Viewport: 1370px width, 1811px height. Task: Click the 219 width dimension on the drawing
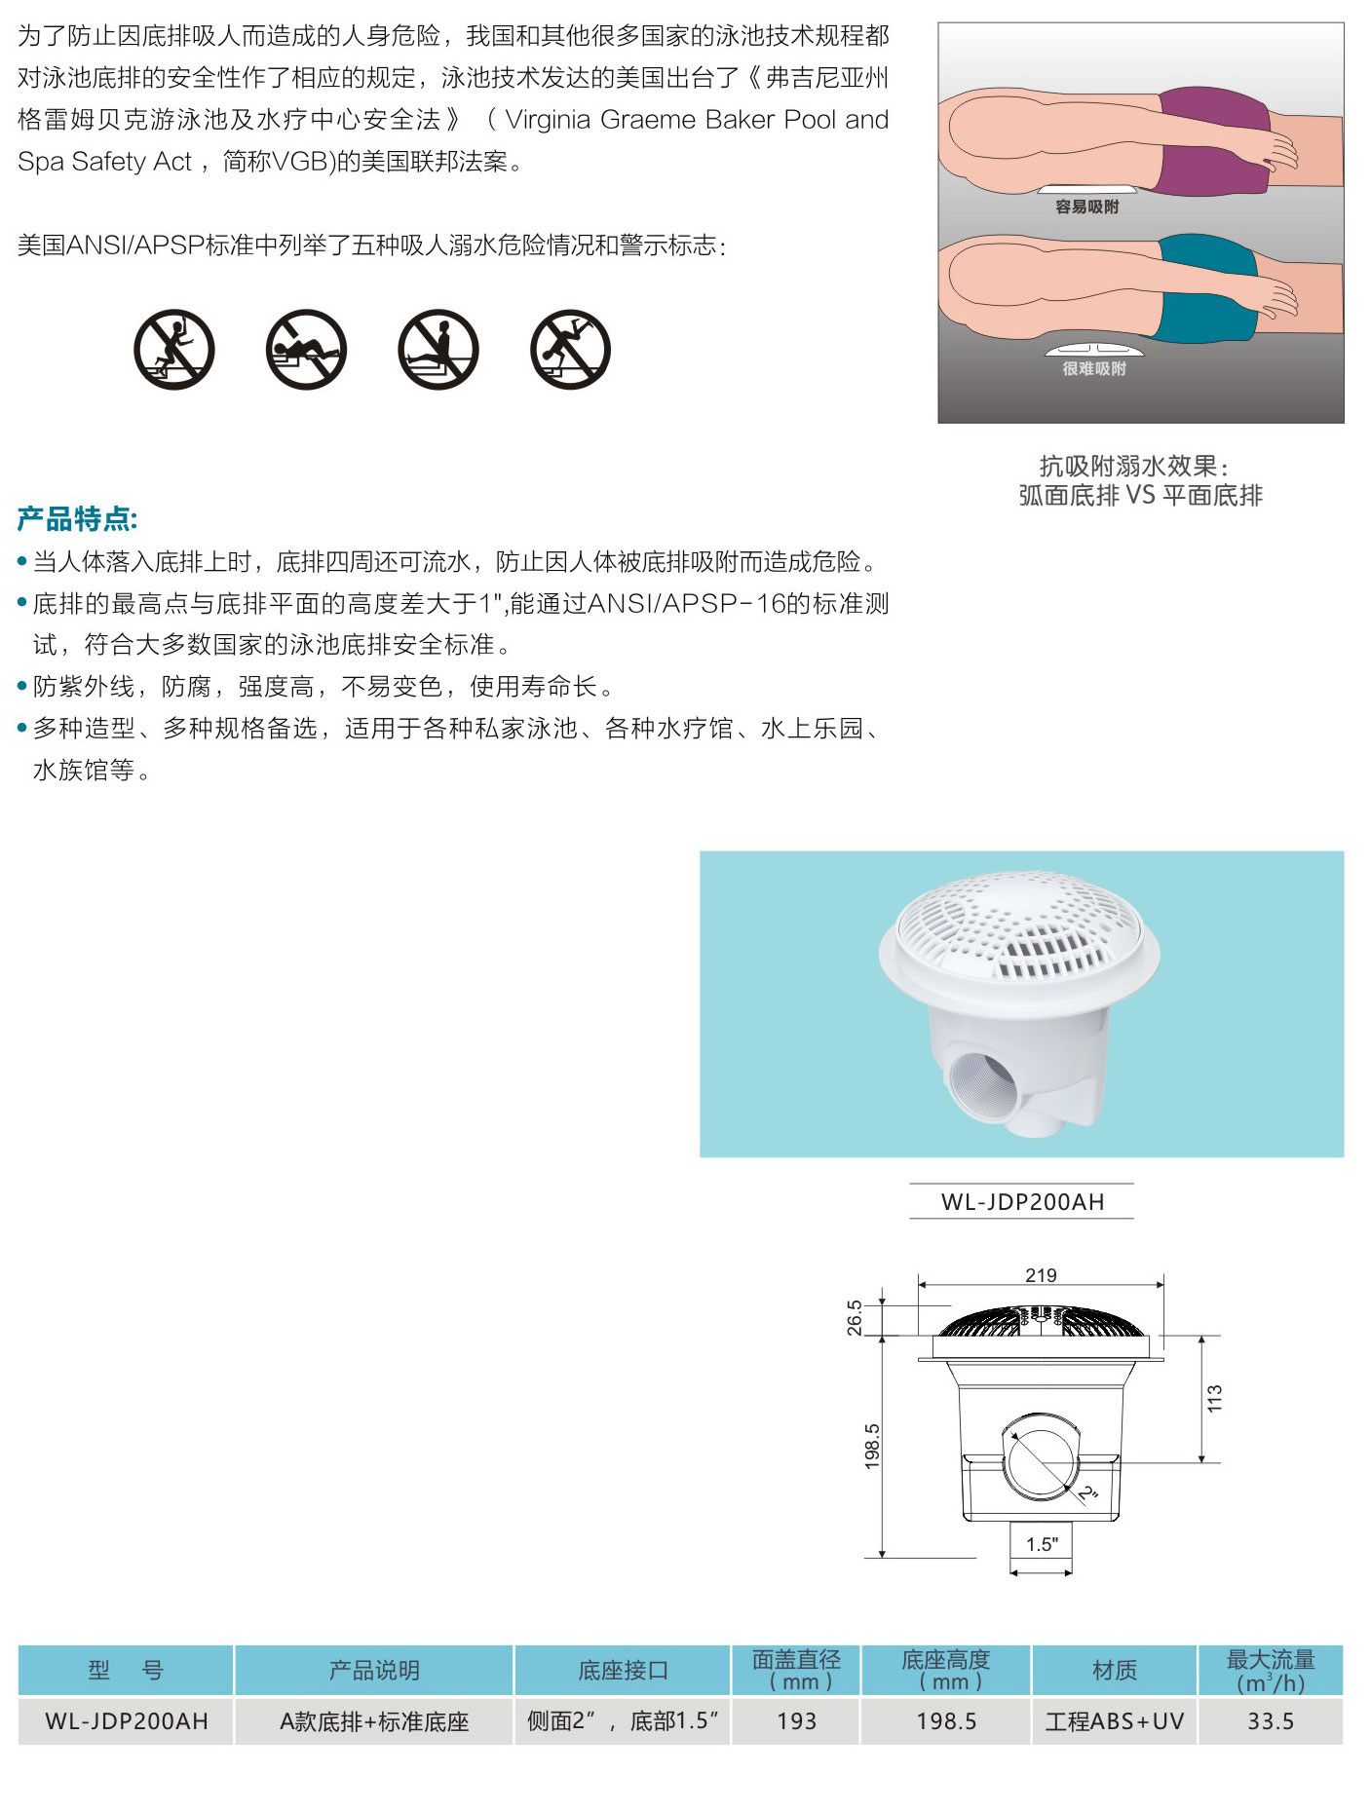tap(1041, 1275)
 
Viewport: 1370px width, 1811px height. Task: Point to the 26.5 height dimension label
tap(855, 1317)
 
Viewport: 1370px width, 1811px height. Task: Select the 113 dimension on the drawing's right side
tap(1214, 1398)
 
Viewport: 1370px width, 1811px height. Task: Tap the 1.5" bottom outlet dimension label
tap(1041, 1543)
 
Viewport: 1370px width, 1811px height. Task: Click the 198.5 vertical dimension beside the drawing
tap(872, 1446)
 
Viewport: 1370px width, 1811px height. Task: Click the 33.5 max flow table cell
tap(1271, 1721)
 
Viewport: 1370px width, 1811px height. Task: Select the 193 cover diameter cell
tap(796, 1721)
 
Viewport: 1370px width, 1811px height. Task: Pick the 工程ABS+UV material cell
tap(1114, 1721)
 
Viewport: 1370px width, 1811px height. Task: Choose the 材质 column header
tap(1114, 1671)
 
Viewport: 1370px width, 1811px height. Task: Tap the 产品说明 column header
tap(374, 1671)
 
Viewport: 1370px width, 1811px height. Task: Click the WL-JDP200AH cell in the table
tap(127, 1721)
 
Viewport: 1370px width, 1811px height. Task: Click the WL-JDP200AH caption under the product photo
tap(1022, 1202)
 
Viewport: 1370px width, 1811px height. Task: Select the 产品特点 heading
tap(78, 519)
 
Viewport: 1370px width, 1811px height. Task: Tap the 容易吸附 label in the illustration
tap(1086, 207)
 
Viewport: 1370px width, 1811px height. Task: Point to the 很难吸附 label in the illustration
tap(1093, 368)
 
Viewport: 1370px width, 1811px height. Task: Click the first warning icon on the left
tap(173, 350)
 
